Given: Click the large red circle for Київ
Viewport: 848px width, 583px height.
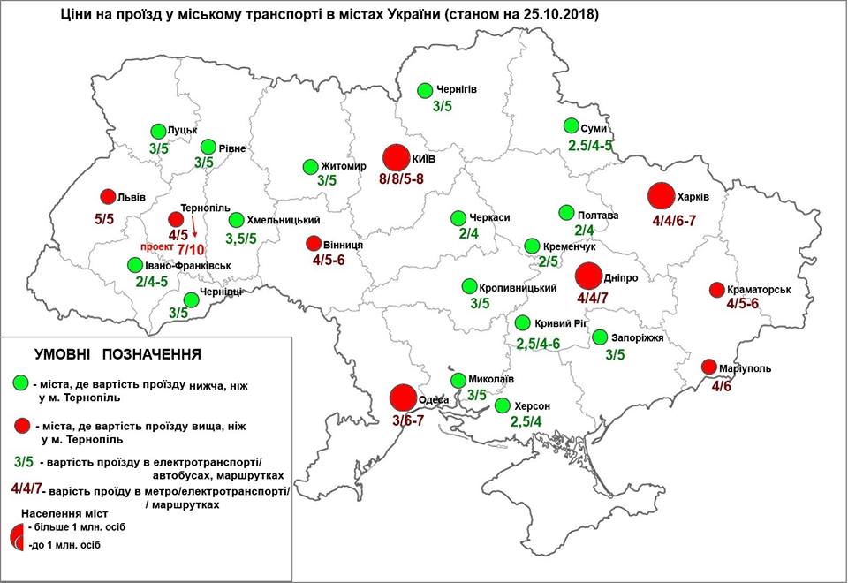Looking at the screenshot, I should (x=397, y=158).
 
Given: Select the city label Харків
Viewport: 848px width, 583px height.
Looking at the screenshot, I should (x=693, y=195).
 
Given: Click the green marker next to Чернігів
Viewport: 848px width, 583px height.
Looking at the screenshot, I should (x=425, y=90).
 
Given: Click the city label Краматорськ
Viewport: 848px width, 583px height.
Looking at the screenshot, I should (x=761, y=289).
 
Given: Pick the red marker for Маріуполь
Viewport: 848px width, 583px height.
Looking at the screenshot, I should (x=708, y=367).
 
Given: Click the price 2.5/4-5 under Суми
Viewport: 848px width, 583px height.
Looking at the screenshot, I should (x=590, y=145).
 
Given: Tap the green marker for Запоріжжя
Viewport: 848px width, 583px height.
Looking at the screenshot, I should (x=601, y=337).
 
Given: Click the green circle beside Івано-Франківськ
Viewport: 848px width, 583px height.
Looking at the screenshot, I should (x=133, y=264).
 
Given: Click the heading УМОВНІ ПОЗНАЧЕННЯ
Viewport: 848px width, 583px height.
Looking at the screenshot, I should (x=117, y=354).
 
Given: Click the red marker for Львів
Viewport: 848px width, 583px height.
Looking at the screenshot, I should (x=107, y=196).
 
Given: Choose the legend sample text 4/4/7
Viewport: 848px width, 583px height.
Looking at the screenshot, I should (x=30, y=488).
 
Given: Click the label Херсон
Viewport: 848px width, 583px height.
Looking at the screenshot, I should (x=534, y=405).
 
